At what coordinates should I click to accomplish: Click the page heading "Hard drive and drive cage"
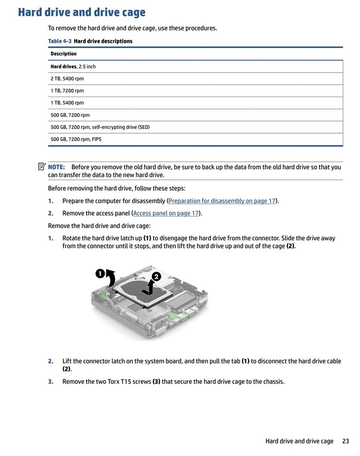pyautogui.click(x=82, y=12)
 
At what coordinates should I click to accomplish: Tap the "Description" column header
pyautogui.click(x=63, y=54)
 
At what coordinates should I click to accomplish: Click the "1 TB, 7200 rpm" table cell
pyautogui.click(x=67, y=91)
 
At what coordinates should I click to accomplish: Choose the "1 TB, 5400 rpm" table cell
pyautogui.click(x=67, y=103)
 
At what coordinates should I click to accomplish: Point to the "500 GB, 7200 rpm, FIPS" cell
pyautogui.click(x=76, y=139)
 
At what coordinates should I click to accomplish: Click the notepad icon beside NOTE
pyautogui.click(x=42, y=167)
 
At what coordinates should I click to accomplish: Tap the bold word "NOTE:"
pyautogui.click(x=57, y=167)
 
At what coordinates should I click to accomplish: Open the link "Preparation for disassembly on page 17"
pyautogui.click(x=222, y=201)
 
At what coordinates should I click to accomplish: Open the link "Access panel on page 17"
pyautogui.click(x=166, y=213)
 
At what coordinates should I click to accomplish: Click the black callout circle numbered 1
pyautogui.click(x=100, y=273)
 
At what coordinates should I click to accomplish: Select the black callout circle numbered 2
pyautogui.click(x=155, y=277)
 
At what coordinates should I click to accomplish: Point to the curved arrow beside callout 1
pyautogui.click(x=111, y=280)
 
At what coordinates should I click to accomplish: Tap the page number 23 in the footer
pyautogui.click(x=345, y=441)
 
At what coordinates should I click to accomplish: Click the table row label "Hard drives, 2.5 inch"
pyautogui.click(x=73, y=66)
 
